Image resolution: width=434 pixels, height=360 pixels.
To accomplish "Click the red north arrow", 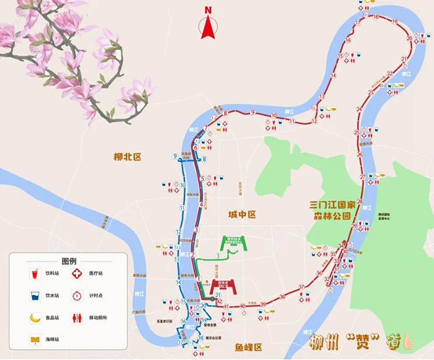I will click(x=208, y=29).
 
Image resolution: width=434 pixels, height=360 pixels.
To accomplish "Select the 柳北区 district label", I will click(x=127, y=157).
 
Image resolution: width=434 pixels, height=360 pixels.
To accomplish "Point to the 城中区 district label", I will click(x=242, y=215).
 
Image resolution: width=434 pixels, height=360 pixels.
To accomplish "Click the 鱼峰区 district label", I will click(x=248, y=348).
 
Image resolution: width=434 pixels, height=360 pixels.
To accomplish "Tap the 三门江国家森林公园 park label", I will click(x=333, y=210).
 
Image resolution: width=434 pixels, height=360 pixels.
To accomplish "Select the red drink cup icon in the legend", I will click(x=35, y=274).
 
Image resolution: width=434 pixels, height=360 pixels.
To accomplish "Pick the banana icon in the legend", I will click(x=35, y=318).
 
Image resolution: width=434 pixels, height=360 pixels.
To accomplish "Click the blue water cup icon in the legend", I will click(x=35, y=296).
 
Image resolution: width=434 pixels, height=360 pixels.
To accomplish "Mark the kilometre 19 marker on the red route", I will click(x=395, y=21).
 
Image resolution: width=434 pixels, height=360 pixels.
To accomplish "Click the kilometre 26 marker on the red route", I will click(x=360, y=155).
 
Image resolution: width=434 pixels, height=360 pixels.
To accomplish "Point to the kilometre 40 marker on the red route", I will click(x=242, y=306).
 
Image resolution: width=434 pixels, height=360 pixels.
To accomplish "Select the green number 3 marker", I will click(x=217, y=256).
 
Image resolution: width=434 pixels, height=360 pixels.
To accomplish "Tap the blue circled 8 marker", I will click(x=204, y=159).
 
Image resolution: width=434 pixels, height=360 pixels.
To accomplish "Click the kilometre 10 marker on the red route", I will click(x=274, y=116).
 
